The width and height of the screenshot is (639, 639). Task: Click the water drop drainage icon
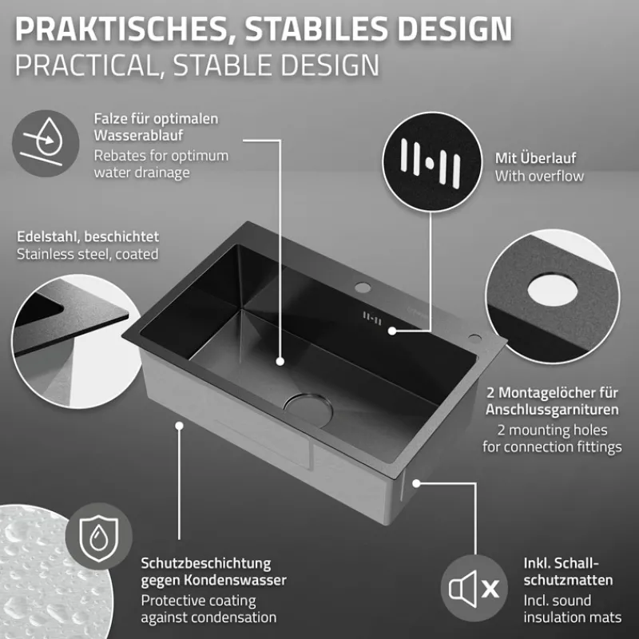[46, 143]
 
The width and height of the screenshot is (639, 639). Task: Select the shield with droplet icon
[98, 536]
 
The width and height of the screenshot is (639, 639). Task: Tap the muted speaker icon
[474, 588]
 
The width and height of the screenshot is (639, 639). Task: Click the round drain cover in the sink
[308, 410]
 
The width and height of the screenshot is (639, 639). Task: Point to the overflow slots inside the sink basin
[372, 318]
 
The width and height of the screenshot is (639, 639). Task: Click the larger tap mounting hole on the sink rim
[363, 288]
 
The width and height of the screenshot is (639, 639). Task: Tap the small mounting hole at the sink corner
[474, 338]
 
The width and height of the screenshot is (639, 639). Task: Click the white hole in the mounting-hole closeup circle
[552, 290]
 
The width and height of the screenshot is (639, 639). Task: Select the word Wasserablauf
[138, 135]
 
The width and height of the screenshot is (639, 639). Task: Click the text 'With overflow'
[539, 176]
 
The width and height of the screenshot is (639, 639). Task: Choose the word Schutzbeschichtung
[206, 564]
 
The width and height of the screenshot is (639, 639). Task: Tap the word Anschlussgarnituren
[552, 409]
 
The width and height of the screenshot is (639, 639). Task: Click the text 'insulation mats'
[573, 617]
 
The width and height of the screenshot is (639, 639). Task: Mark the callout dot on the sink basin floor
[280, 361]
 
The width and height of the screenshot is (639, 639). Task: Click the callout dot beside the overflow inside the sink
[392, 331]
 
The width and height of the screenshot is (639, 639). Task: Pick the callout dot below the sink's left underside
[179, 426]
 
